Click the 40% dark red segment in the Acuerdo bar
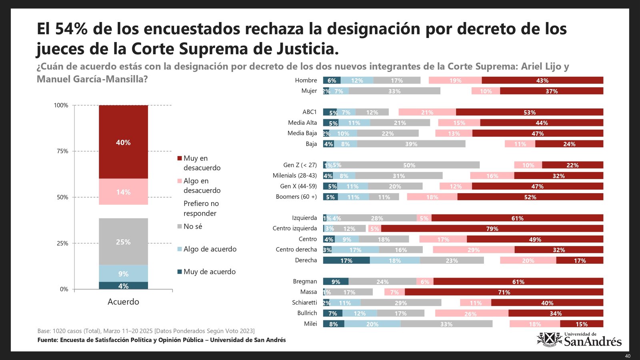pos(123,142)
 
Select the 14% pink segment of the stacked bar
pos(123,192)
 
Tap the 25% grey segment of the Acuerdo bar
pos(123,242)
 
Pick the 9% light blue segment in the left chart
pos(123,274)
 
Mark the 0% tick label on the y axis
pos(64,289)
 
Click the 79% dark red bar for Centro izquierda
pos(492,228)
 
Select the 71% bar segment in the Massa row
pos(504,292)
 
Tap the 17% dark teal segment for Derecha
pos(346,260)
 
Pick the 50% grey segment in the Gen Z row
pos(409,165)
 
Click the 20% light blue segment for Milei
pos(372,324)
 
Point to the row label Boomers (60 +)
pos(296,196)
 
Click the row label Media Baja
pos(302,133)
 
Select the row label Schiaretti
pos(304,302)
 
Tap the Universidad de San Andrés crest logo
pos(549,340)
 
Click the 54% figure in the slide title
pos(72,29)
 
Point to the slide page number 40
pos(628,356)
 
